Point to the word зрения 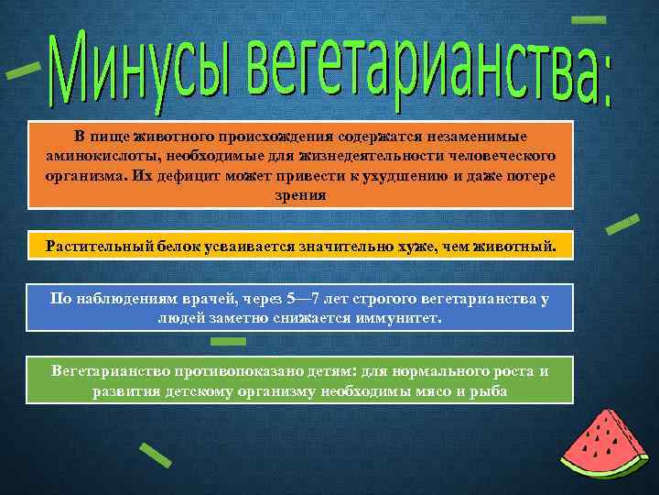[300, 194]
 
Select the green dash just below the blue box [228, 341]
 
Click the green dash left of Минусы [23, 71]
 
